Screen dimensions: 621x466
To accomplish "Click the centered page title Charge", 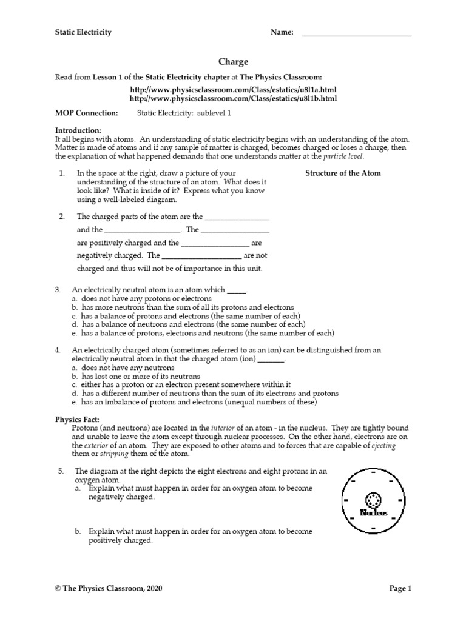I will coord(233,62).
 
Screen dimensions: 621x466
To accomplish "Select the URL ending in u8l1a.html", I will coord(233,89).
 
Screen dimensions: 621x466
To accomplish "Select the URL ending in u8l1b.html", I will coord(233,98).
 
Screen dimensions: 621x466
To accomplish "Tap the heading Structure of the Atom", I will coord(343,173).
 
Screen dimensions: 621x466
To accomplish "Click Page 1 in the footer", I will coord(400,588).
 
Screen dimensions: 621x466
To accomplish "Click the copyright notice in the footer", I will coord(109,588).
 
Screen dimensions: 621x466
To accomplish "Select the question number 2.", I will coord(62,217).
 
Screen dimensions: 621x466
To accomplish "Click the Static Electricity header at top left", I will coord(83,32).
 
